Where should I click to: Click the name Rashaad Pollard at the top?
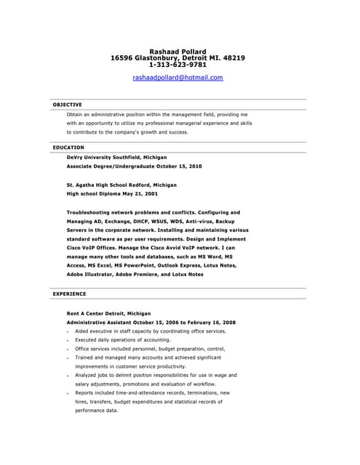tap(177, 52)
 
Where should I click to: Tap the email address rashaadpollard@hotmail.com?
tap(177, 77)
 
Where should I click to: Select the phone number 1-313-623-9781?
tap(177, 65)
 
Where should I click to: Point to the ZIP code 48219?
tap(233, 58)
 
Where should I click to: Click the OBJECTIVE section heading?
tap(68, 105)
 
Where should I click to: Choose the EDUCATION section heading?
tap(68, 147)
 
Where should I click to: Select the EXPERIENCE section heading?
tap(69, 294)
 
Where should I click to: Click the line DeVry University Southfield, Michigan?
tap(116, 157)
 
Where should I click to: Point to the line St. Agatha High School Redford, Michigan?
tap(121, 185)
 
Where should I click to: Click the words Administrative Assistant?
tap(100, 322)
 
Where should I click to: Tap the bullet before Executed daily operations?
tap(67, 340)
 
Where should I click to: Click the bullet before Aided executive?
tap(67, 331)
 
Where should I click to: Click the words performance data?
tap(96, 411)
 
